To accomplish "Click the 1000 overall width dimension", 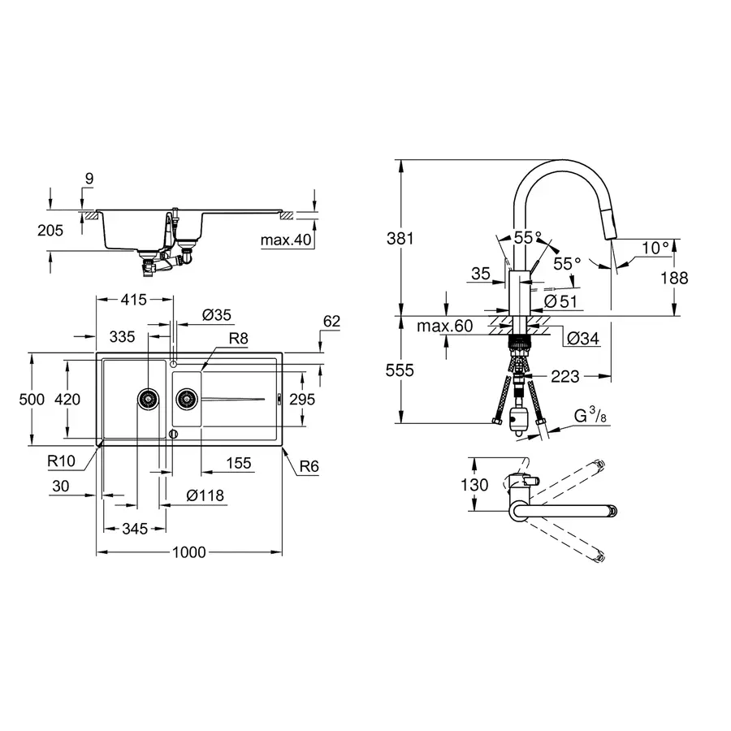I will [x=189, y=552].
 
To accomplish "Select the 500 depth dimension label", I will [x=31, y=400].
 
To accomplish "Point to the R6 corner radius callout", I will [x=309, y=466].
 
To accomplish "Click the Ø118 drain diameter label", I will [x=205, y=495].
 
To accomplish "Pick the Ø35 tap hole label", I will [x=216, y=314].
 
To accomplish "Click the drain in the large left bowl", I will [x=148, y=398].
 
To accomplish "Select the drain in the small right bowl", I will [x=186, y=398].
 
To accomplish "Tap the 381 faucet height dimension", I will [x=402, y=239].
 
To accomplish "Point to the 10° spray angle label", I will [x=655, y=247].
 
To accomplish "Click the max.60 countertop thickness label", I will [x=444, y=327].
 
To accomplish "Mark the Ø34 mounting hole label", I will [x=583, y=338].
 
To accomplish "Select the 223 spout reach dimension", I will [x=564, y=376].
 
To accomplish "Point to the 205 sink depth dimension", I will [x=50, y=231].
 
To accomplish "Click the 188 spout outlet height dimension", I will [x=673, y=278].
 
